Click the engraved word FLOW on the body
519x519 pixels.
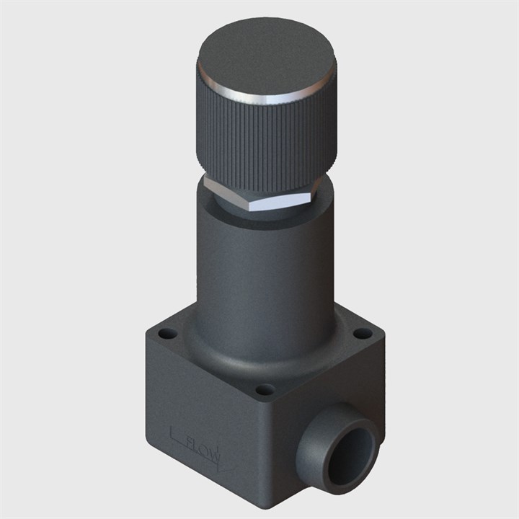[203, 451]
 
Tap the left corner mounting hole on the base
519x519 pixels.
[166, 333]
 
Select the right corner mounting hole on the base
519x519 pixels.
[363, 332]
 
